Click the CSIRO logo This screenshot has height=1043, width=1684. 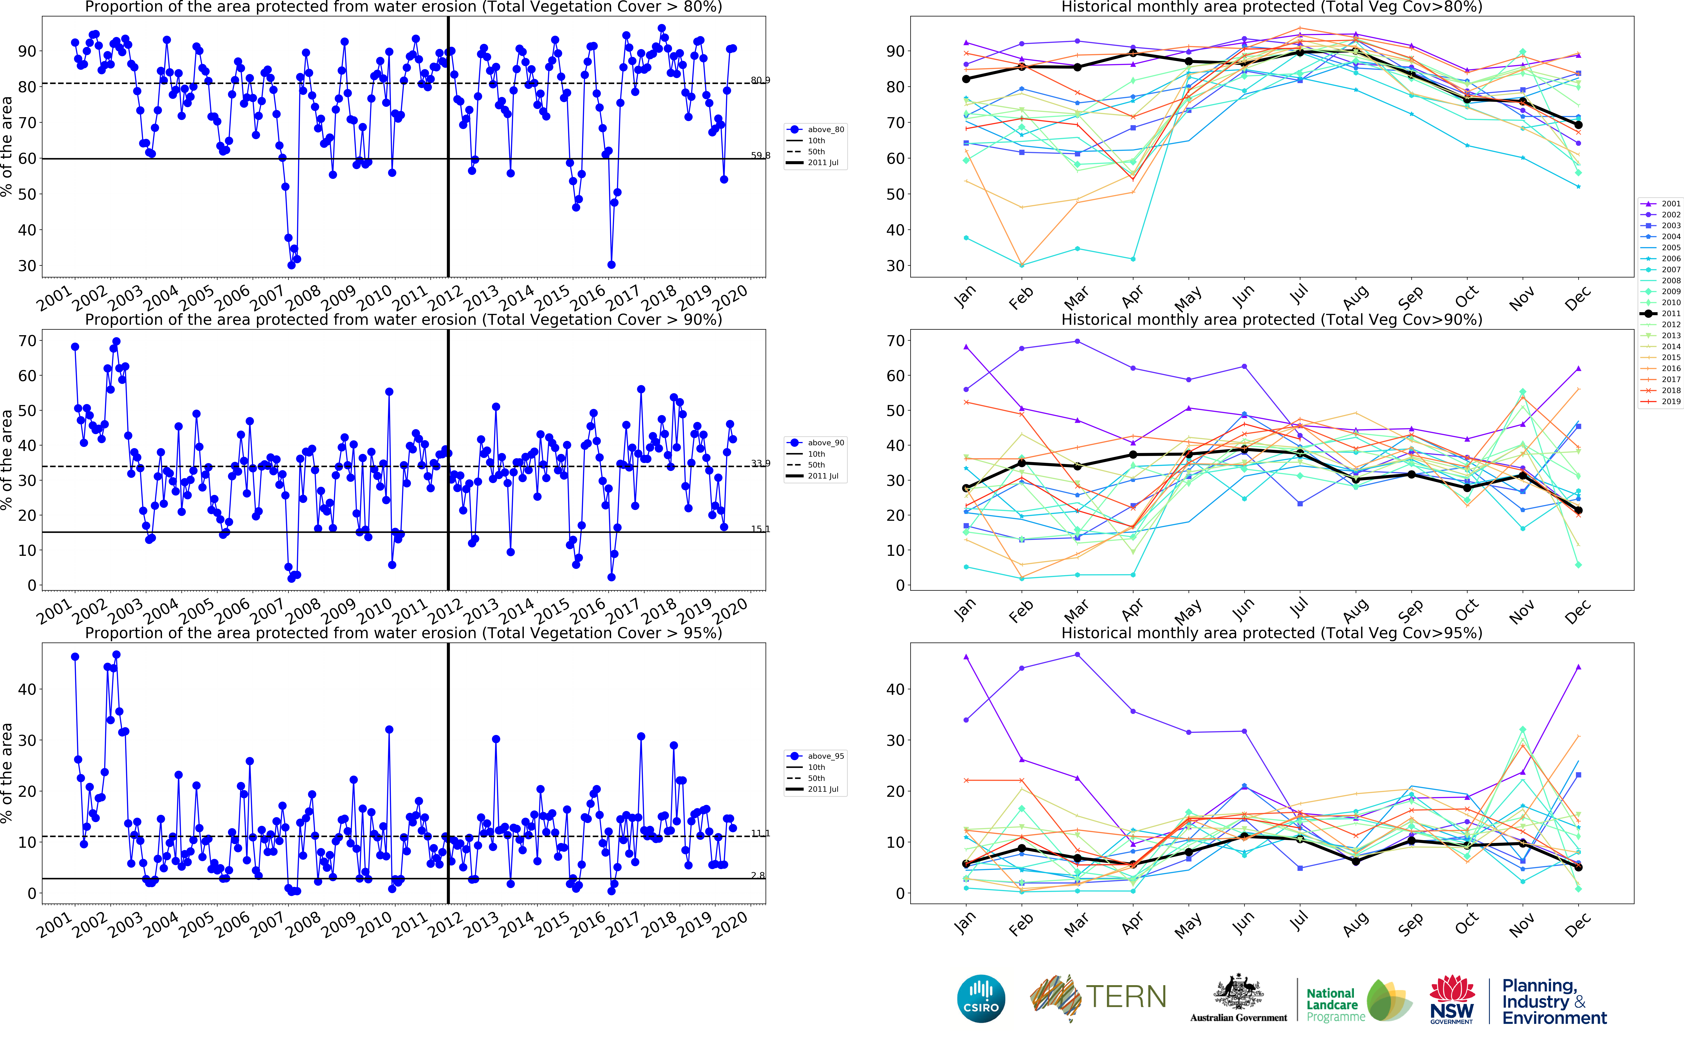tap(980, 998)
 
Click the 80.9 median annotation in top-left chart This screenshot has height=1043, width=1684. tap(760, 81)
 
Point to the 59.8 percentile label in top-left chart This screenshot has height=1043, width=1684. tap(760, 156)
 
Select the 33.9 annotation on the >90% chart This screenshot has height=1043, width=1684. tap(760, 464)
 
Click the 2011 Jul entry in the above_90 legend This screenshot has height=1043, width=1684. tap(822, 476)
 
